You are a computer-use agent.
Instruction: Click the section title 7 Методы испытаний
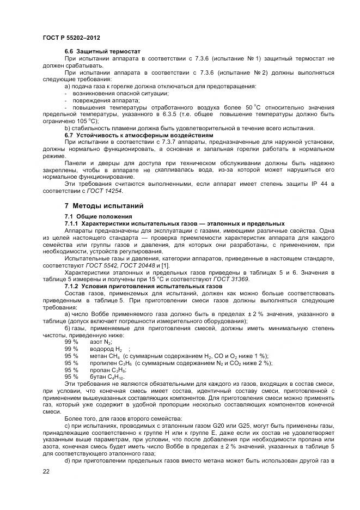tap(103, 206)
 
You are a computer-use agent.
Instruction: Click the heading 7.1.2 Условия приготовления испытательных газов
tap(144, 286)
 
